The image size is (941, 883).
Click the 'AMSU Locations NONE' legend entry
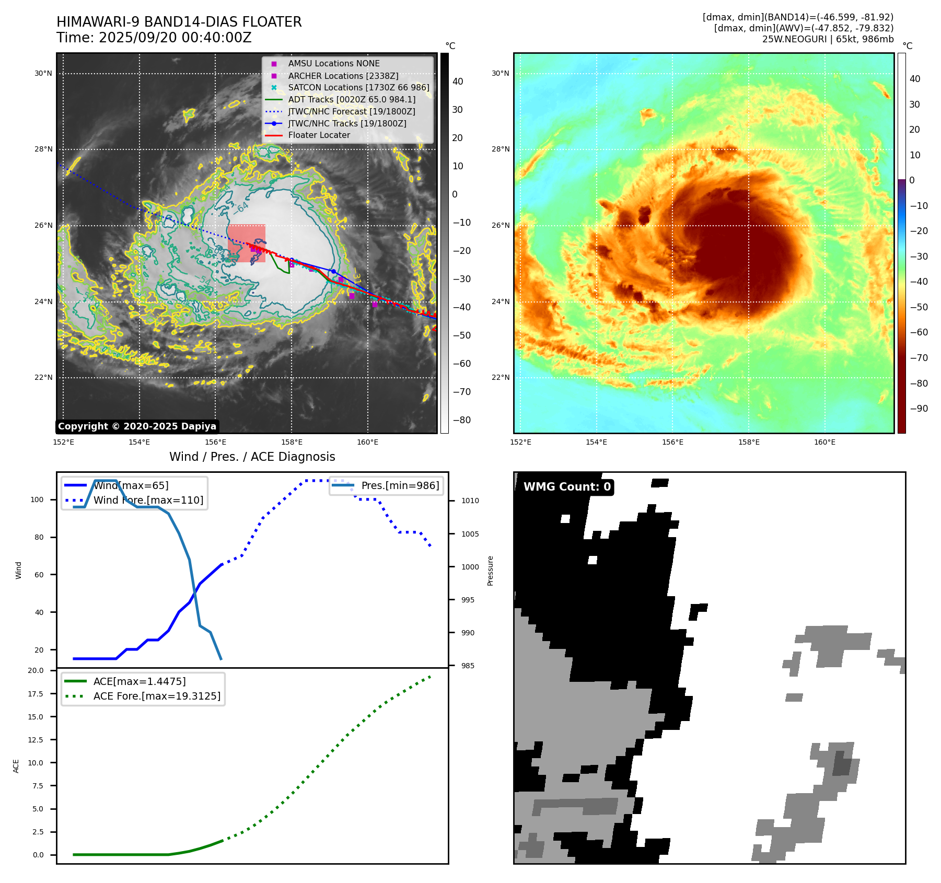pyautogui.click(x=334, y=64)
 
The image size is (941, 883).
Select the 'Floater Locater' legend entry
pyautogui.click(x=319, y=135)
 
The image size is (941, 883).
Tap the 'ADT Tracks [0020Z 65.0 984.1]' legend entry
pyautogui.click(x=352, y=99)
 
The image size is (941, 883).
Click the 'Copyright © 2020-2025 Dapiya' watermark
pyautogui.click(x=137, y=426)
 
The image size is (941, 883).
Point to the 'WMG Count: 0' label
pyautogui.click(x=567, y=487)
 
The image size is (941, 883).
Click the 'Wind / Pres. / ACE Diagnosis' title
pyautogui.click(x=252, y=457)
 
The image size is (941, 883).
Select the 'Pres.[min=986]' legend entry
pyautogui.click(x=400, y=485)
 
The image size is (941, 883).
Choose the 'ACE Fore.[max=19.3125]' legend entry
pyautogui.click(x=157, y=696)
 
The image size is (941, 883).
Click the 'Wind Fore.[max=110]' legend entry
pyautogui.click(x=148, y=500)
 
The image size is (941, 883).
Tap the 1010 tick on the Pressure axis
pyautogui.click(x=470, y=501)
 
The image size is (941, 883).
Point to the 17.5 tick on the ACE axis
pyautogui.click(x=36, y=694)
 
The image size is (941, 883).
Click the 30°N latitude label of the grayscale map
pyautogui.click(x=43, y=74)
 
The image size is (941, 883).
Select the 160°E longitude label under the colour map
pyautogui.click(x=824, y=443)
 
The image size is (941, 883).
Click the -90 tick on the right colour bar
pyautogui.click(x=919, y=409)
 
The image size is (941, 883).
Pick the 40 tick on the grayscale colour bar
pyautogui.click(x=458, y=82)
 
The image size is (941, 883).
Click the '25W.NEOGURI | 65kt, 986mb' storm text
pyautogui.click(x=828, y=39)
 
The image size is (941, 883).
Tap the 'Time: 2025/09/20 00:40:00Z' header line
pyautogui.click(x=154, y=38)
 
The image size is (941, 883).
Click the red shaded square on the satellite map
pyautogui.click(x=246, y=243)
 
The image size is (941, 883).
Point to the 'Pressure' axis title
pyautogui.click(x=491, y=571)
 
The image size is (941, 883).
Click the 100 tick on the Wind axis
pyautogui.click(x=37, y=499)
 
